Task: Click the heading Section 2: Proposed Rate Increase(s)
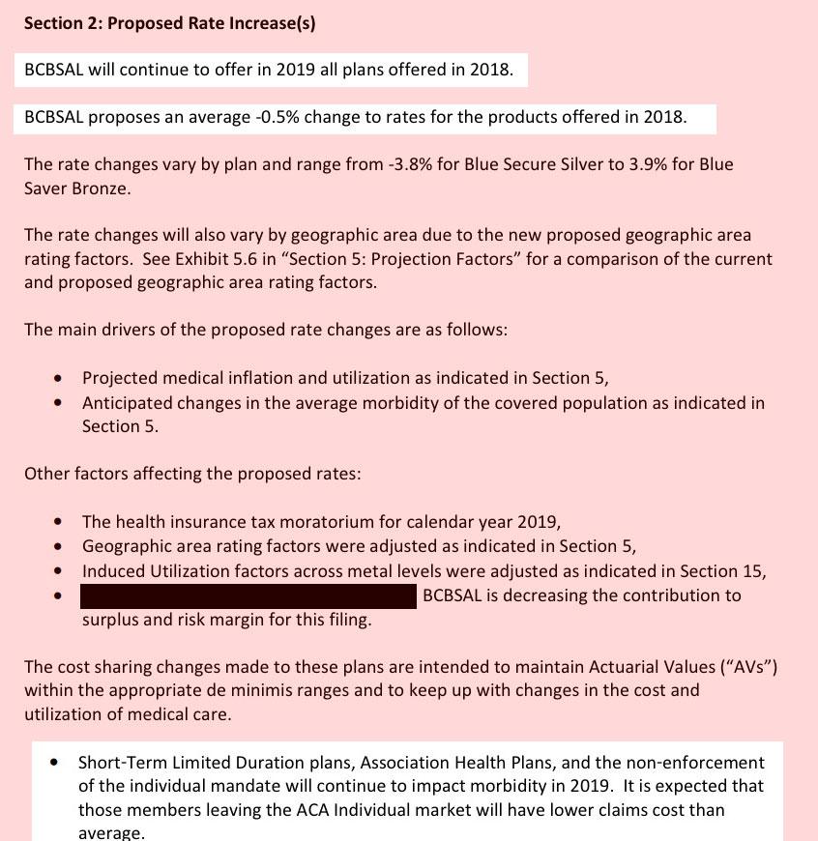tap(169, 23)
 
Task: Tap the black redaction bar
tap(248, 595)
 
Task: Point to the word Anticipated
tap(127, 402)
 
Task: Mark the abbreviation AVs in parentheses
tap(745, 666)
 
